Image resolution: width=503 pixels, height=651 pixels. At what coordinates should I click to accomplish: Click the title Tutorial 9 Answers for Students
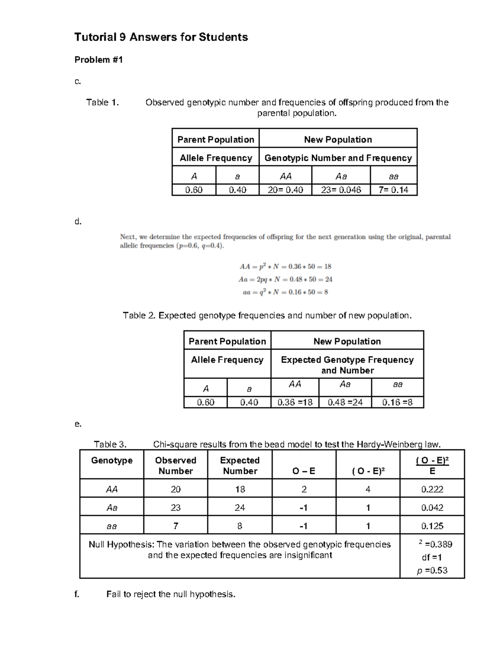pyautogui.click(x=161, y=37)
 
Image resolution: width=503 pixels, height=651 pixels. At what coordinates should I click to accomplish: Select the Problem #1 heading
pyautogui.click(x=99, y=60)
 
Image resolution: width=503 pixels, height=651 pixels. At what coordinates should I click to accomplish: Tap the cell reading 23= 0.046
pyautogui.click(x=341, y=190)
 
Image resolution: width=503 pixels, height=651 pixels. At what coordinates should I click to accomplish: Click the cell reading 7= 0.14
pyautogui.click(x=393, y=190)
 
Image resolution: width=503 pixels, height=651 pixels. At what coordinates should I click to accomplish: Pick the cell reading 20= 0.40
pyautogui.click(x=285, y=190)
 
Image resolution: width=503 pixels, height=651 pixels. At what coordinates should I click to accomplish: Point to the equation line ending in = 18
pyautogui.click(x=285, y=267)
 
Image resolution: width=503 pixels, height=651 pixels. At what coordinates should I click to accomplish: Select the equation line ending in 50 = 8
pyautogui.click(x=285, y=293)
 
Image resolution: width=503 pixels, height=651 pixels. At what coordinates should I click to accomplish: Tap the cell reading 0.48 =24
pyautogui.click(x=345, y=402)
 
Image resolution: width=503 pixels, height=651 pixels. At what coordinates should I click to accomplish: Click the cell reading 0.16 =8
pyautogui.click(x=397, y=402)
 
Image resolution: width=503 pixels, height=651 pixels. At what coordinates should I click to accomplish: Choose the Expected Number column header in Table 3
pyautogui.click(x=240, y=466)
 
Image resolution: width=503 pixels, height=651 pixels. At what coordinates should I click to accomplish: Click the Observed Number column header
pyautogui.click(x=176, y=466)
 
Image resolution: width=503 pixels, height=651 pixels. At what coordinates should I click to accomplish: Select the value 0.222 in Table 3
pyautogui.click(x=432, y=489)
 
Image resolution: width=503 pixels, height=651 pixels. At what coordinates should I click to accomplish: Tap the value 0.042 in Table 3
pyautogui.click(x=432, y=508)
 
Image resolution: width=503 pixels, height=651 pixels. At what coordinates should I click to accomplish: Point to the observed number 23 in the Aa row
pyautogui.click(x=176, y=508)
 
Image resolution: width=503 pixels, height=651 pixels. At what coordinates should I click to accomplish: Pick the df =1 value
pyautogui.click(x=432, y=558)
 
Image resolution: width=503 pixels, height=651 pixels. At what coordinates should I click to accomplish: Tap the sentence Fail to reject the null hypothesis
pyautogui.click(x=171, y=594)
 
